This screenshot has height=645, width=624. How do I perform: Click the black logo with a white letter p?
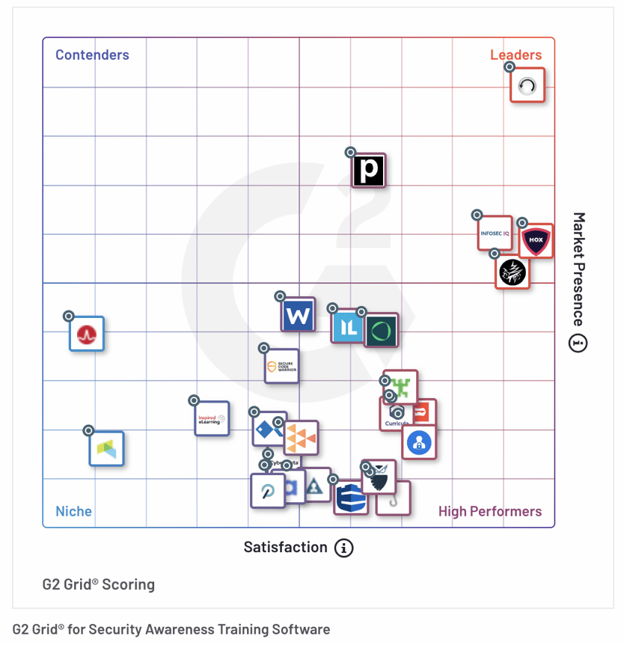click(369, 171)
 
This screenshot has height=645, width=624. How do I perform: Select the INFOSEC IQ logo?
click(495, 233)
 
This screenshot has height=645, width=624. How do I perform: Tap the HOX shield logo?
click(536, 241)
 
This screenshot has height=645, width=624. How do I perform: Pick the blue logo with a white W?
click(299, 314)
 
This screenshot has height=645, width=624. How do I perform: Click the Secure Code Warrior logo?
click(282, 367)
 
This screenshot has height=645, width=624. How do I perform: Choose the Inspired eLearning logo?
click(212, 419)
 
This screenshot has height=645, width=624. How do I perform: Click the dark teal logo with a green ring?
click(382, 330)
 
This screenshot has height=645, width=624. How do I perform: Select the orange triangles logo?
click(302, 438)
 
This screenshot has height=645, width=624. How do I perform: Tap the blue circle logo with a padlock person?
click(419, 442)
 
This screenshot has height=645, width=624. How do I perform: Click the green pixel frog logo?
click(402, 387)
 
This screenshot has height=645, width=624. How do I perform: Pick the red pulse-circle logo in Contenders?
click(87, 334)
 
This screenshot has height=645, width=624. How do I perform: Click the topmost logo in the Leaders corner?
click(527, 85)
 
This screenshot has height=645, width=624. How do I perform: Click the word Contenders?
click(92, 55)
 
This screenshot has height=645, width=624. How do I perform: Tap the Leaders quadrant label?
click(516, 55)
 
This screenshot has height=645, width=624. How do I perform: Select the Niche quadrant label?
click(73, 512)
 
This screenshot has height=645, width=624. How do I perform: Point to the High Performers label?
click(490, 512)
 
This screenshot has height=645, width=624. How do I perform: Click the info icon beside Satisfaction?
click(343, 548)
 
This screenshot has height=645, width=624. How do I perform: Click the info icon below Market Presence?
click(578, 343)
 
